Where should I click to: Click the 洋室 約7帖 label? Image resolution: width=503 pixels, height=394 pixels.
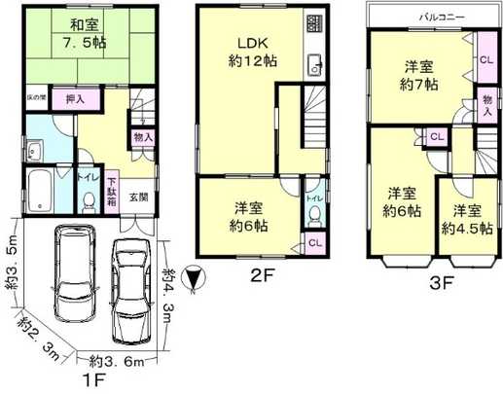pos(421,75)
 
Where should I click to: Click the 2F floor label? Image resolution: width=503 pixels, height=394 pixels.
pos(264,275)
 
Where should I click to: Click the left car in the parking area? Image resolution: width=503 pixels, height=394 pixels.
pos(71,274)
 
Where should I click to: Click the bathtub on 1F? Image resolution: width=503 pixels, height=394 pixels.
pos(42,192)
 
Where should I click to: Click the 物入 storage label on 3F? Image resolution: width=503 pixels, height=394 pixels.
pos(486,106)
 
